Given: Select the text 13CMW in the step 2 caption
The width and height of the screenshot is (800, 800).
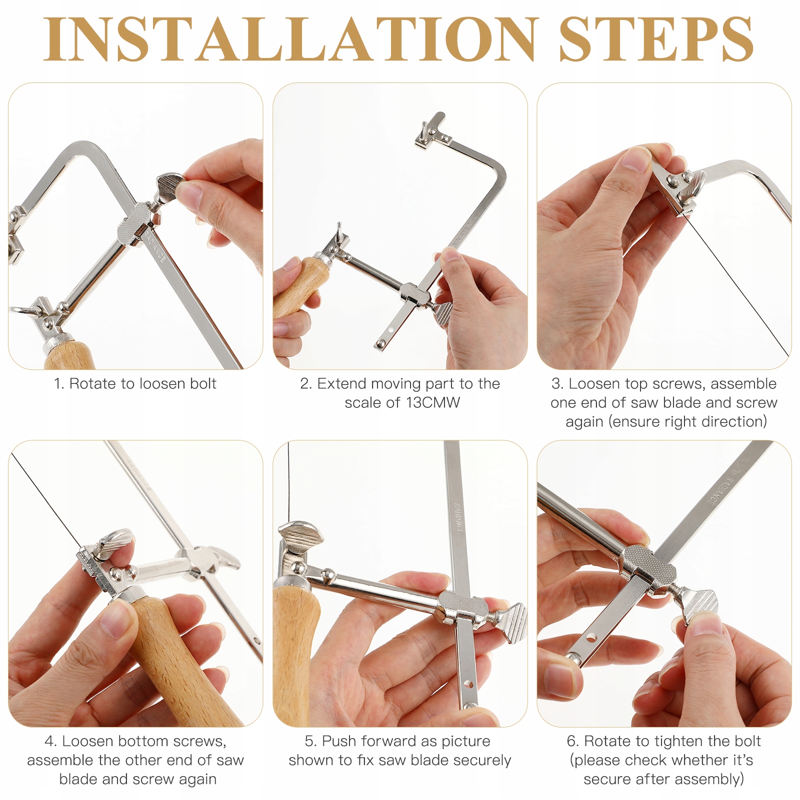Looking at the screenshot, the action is pyautogui.click(x=433, y=402).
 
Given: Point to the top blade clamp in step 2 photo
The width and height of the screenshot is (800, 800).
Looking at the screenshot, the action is pyautogui.click(x=430, y=131).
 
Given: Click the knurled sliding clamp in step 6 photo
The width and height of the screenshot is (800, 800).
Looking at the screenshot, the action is pyautogui.click(x=648, y=565).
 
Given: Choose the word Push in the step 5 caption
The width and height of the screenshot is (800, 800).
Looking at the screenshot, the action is pyautogui.click(x=339, y=741).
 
